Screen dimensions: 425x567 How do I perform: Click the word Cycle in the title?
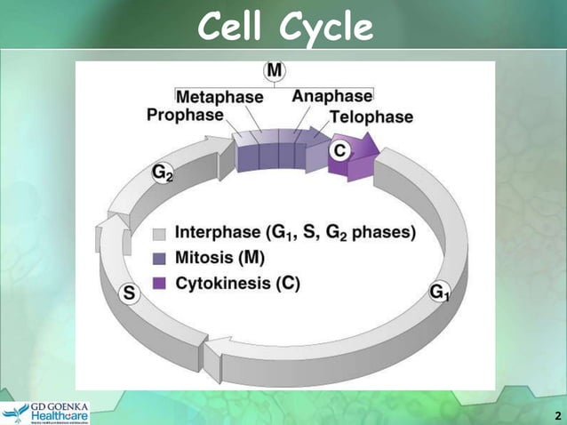(325, 28)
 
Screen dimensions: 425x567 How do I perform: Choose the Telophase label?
(371, 116)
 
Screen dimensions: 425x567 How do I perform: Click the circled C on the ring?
(339, 151)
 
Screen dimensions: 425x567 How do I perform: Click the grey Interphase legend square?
(160, 234)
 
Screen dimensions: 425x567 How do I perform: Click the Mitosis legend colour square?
(160, 259)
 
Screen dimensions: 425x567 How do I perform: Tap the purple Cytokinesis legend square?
(160, 285)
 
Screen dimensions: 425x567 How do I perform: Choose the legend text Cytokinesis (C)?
(237, 284)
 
